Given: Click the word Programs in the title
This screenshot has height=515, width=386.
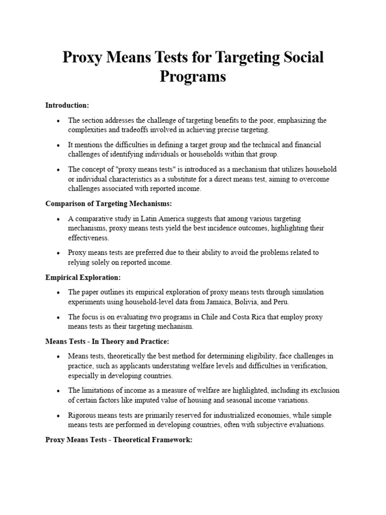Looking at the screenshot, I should point(193,77).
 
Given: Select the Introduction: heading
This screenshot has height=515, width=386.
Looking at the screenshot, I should point(67,105).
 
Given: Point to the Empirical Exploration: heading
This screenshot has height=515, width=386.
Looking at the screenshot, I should point(83,277).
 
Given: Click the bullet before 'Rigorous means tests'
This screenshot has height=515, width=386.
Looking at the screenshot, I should point(59,415).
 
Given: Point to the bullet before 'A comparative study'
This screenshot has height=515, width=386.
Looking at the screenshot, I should point(59,219).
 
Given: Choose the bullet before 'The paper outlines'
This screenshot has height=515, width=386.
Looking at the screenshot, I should point(59,292).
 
